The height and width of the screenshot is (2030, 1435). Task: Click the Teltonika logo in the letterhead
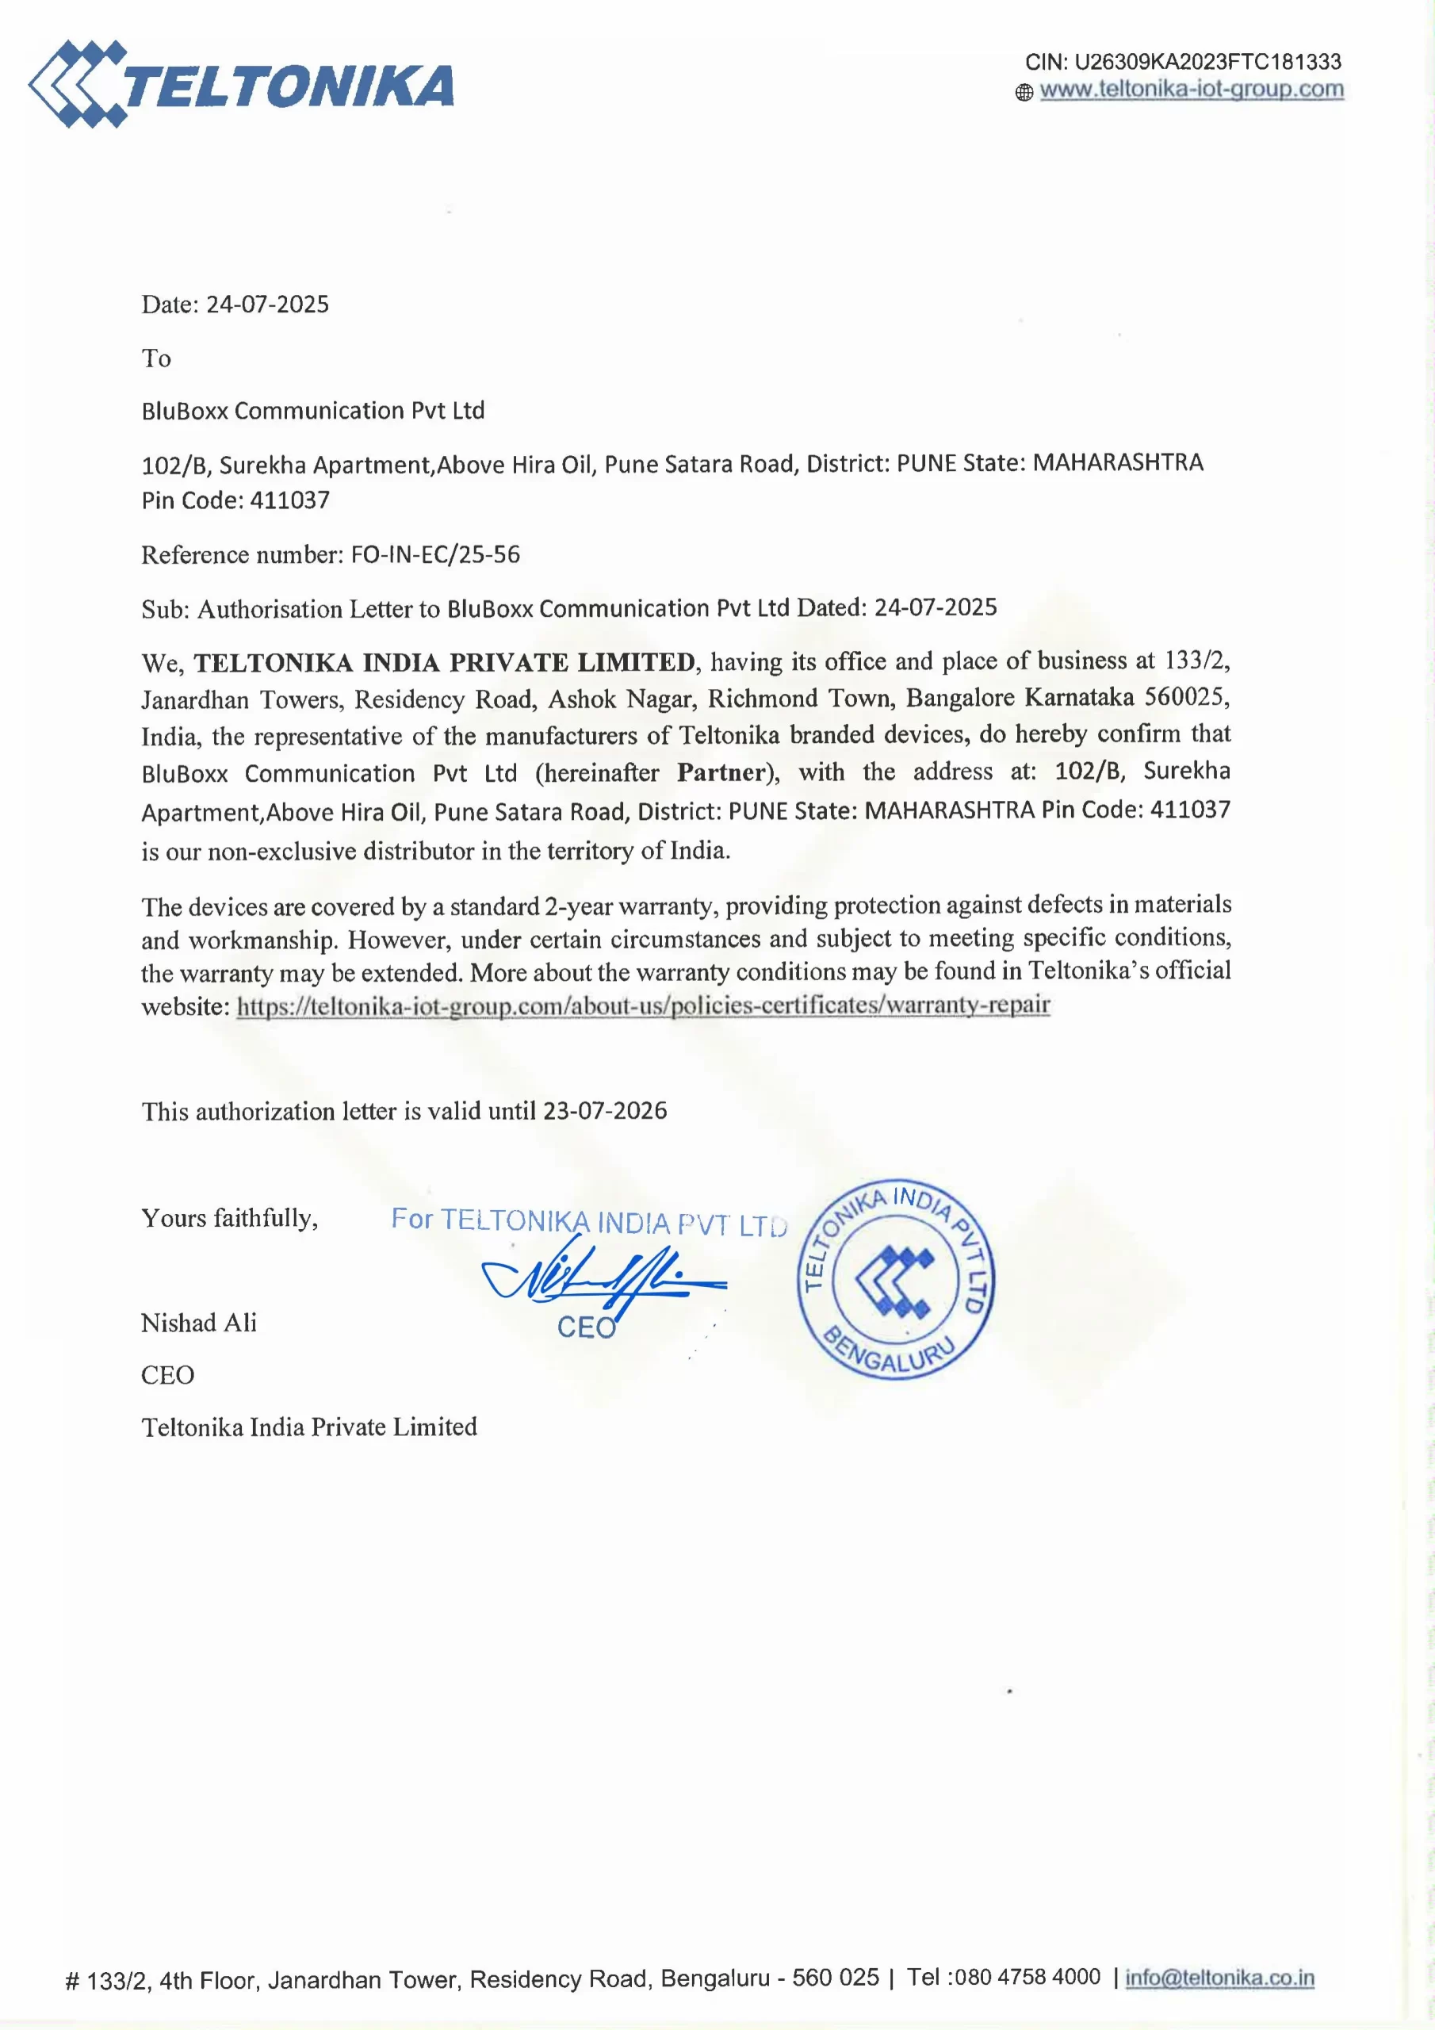pos(240,85)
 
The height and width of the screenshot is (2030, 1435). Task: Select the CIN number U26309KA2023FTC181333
pos(1207,62)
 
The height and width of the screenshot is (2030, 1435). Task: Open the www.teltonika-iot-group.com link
pos(1191,90)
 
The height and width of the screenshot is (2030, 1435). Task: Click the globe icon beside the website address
pos(1024,92)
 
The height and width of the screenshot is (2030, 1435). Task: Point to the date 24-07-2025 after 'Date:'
pos(267,304)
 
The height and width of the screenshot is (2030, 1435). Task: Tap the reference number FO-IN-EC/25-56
pos(435,554)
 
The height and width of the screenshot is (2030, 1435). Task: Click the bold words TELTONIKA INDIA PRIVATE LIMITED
pos(445,662)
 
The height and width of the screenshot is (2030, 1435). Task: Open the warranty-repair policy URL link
pos(643,1005)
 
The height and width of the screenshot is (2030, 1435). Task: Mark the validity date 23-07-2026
pos(605,1110)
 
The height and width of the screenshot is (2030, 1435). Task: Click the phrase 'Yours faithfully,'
pos(230,1218)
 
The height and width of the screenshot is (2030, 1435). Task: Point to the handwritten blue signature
pos(601,1279)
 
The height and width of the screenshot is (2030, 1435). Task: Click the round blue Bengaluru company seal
pos(896,1279)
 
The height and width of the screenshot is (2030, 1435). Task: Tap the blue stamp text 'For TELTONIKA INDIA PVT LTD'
pos(589,1222)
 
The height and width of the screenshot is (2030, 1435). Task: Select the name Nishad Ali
pos(199,1323)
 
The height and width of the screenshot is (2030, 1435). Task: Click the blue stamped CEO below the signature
pos(585,1327)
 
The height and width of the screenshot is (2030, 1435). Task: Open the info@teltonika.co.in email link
pos(1219,1978)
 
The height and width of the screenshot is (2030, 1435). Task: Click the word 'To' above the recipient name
pos(156,358)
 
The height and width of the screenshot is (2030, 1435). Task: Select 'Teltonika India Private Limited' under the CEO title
pos(309,1427)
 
